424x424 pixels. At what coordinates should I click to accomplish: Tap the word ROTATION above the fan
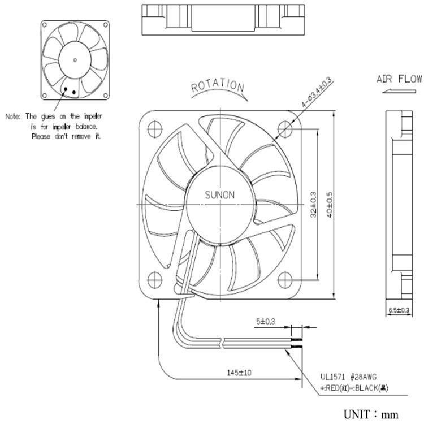pyautogui.click(x=218, y=86)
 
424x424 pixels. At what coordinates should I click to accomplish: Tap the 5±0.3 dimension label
pyautogui.click(x=266, y=322)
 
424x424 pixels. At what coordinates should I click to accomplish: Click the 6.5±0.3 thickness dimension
pyautogui.click(x=398, y=310)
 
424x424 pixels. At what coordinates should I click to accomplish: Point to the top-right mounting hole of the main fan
pyautogui.click(x=285, y=129)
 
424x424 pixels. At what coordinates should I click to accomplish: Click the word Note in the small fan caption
pyautogui.click(x=12, y=116)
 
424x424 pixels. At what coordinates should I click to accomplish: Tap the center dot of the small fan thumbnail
pyautogui.click(x=75, y=58)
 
